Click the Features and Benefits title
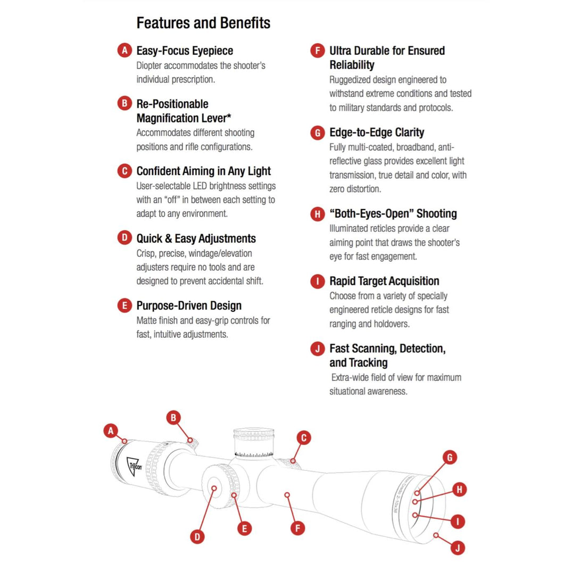click(x=203, y=23)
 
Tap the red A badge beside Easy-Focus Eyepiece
click(x=125, y=51)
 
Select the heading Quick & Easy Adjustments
click(x=196, y=238)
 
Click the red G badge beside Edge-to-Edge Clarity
click(x=317, y=132)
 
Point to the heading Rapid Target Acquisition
click(x=384, y=281)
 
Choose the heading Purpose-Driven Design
click(x=189, y=306)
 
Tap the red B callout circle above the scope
click(x=173, y=418)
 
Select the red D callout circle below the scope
click(x=197, y=537)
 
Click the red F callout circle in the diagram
click(x=297, y=528)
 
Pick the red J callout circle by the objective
click(x=458, y=548)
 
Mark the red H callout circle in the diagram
click(x=459, y=490)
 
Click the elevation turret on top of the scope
click(x=254, y=443)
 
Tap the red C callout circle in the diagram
click(x=304, y=438)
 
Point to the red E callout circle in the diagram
click(x=245, y=528)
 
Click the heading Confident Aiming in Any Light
click(x=204, y=171)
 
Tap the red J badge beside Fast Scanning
click(x=317, y=349)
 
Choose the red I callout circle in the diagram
click(x=458, y=521)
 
